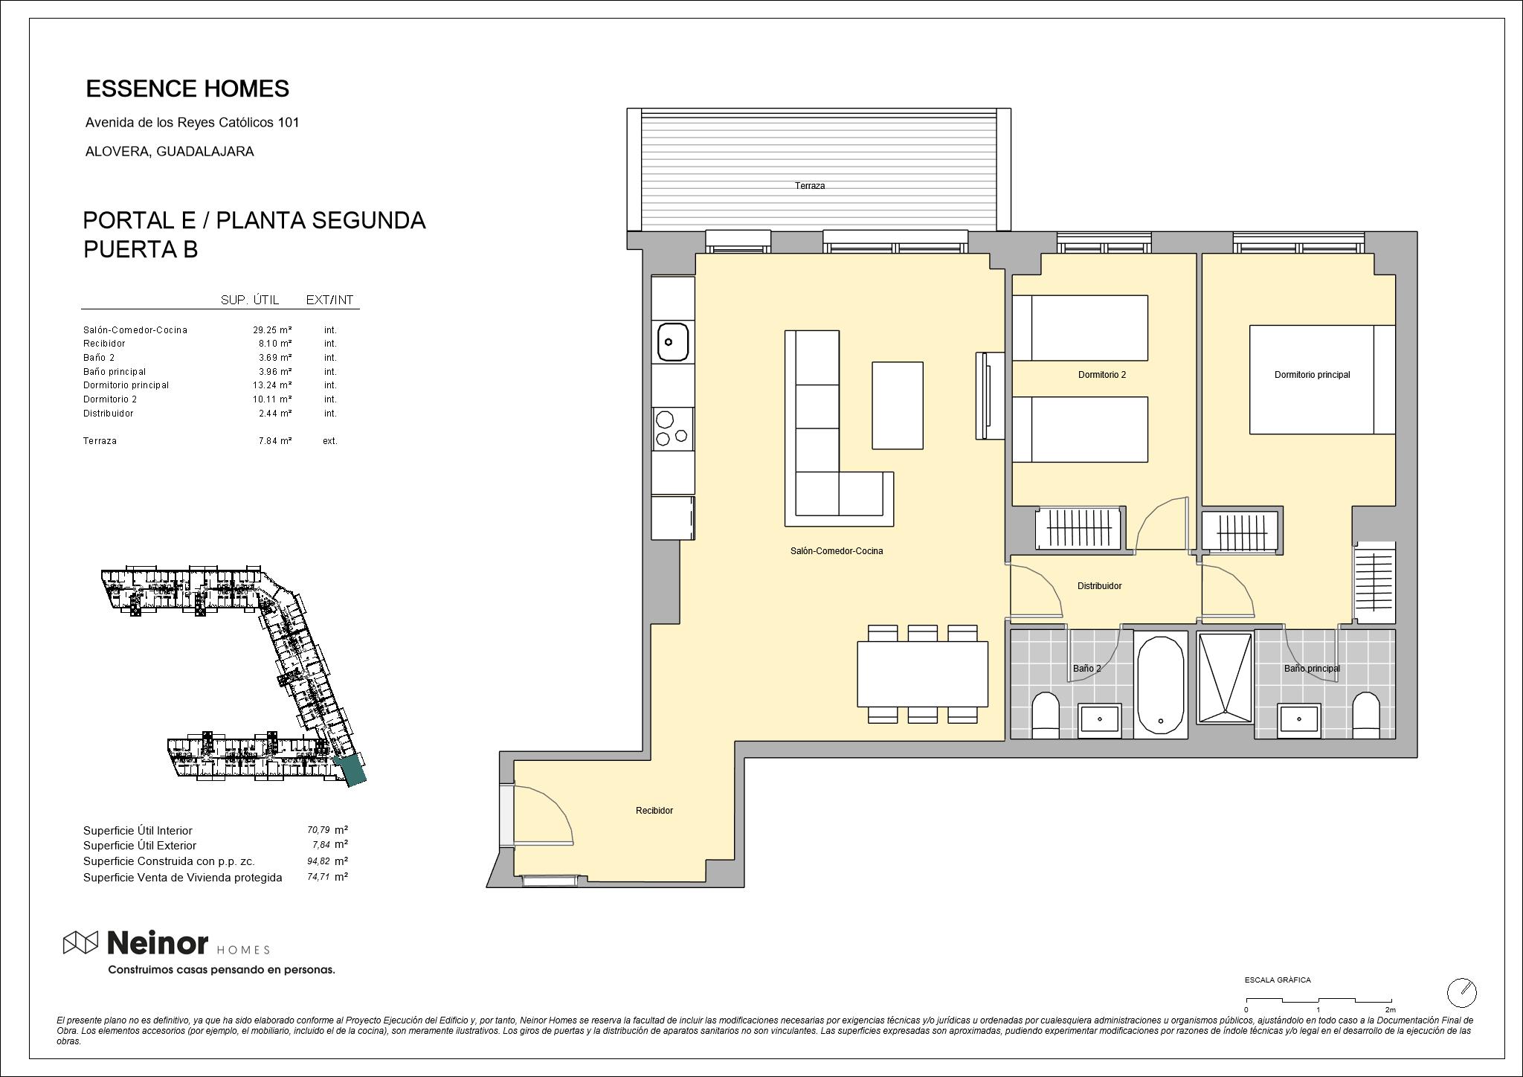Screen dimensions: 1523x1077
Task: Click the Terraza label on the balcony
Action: pyautogui.click(x=809, y=186)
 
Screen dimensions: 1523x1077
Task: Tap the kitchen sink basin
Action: pyautogui.click(x=672, y=342)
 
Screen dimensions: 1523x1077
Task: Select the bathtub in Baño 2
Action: pyautogui.click(x=1160, y=684)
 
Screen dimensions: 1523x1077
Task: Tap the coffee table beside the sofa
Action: pyautogui.click(x=897, y=405)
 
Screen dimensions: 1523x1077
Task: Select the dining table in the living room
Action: pyautogui.click(x=922, y=674)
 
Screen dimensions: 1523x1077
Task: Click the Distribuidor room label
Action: pyautogui.click(x=1099, y=586)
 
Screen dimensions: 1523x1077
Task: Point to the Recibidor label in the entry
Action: pyautogui.click(x=654, y=811)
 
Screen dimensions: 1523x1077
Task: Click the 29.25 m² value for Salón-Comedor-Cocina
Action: pyautogui.click(x=272, y=330)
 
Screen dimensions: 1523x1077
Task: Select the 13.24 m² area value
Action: pyautogui.click(x=272, y=385)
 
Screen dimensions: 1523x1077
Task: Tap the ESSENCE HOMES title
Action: pyautogui.click(x=187, y=89)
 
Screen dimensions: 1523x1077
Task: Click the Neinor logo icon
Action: pyautogui.click(x=80, y=942)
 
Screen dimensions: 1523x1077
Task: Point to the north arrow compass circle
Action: pyautogui.click(x=1461, y=992)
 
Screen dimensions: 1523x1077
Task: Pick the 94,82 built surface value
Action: pyautogui.click(x=318, y=861)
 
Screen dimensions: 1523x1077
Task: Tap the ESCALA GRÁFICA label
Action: pyautogui.click(x=1278, y=980)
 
